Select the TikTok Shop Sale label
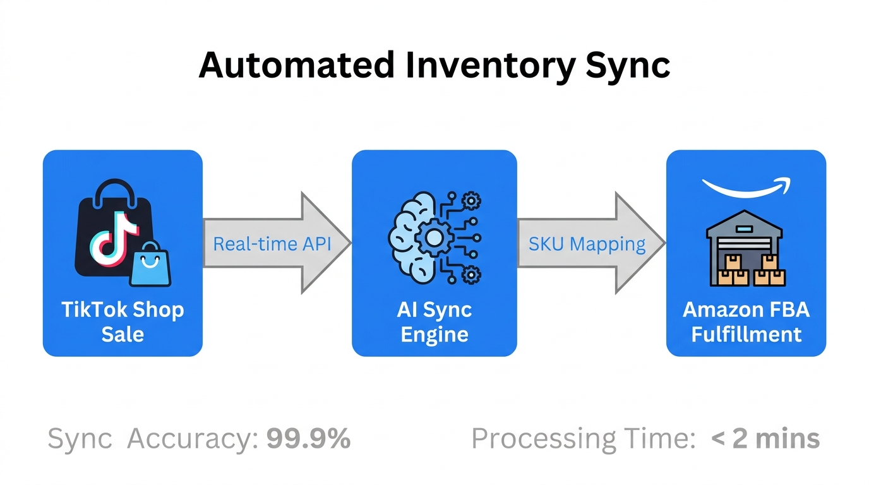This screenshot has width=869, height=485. (123, 321)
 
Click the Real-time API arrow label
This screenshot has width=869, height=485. (272, 244)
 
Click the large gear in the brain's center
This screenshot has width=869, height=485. (434, 238)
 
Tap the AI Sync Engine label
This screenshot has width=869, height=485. (434, 321)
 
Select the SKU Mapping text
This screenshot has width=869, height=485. (587, 244)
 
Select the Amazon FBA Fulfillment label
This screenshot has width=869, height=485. (746, 321)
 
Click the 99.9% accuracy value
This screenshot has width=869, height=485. (308, 439)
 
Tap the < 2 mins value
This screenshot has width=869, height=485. (765, 439)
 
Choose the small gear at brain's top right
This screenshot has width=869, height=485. (471, 201)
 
